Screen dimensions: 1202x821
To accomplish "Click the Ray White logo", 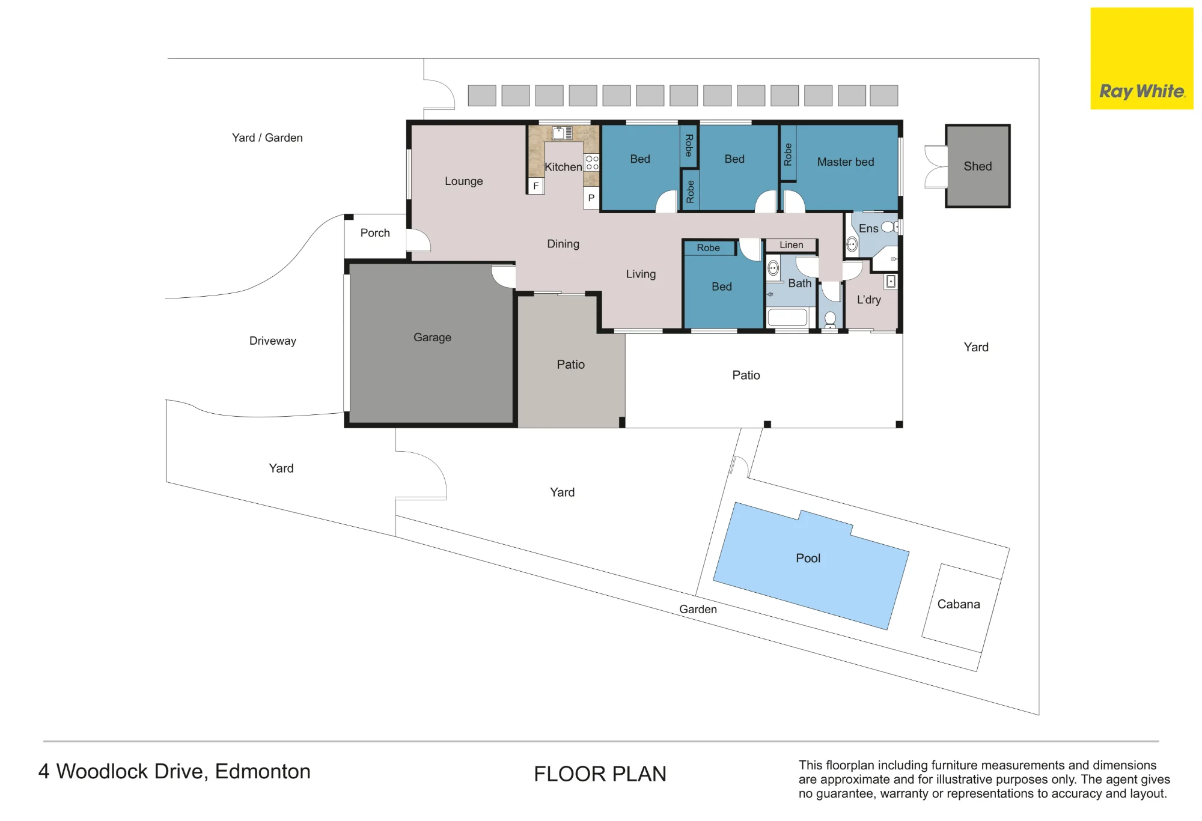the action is (1142, 58).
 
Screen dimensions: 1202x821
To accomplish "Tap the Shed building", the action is (978, 166).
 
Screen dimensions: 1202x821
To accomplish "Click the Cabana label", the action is (959, 604).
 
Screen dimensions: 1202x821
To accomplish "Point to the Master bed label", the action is (846, 162).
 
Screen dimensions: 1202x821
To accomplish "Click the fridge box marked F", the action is (536, 186).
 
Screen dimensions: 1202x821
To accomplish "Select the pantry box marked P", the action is (591, 198).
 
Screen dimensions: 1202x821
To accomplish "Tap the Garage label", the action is (432, 338).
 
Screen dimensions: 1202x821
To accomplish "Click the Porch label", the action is (375, 232).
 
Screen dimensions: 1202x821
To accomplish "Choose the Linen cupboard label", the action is (792, 244).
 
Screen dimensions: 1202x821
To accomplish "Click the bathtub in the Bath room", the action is (787, 317).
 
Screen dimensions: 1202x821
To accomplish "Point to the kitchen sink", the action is (563, 133).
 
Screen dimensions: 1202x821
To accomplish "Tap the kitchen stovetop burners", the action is (592, 162).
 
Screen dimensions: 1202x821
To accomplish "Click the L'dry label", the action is (869, 300).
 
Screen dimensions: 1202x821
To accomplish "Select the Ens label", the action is (868, 228).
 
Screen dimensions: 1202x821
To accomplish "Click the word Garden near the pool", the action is (698, 609).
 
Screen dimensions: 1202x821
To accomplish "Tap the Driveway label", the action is (273, 341).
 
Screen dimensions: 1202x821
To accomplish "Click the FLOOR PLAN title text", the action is (600, 774).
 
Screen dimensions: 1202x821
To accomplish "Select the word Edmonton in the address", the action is (263, 771).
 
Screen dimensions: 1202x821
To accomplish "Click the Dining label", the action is (563, 244).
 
